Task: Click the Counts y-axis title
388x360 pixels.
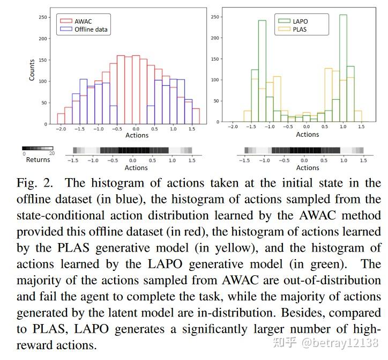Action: (32, 70)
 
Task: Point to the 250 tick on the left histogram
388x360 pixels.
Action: (43, 17)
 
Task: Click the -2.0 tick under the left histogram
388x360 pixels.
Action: (61, 129)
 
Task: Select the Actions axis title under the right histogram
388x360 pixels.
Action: (307, 135)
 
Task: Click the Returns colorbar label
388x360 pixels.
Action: (38, 159)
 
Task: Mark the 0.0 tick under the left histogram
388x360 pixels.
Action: (136, 129)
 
